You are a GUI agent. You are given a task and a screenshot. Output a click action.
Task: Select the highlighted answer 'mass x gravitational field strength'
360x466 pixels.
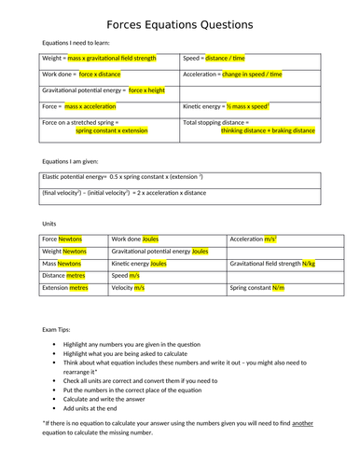click(x=111, y=58)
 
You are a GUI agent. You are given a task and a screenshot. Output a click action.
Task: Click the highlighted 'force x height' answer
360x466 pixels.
click(x=146, y=90)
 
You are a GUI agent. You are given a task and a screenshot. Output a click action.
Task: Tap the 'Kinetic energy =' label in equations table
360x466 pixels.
click(x=208, y=106)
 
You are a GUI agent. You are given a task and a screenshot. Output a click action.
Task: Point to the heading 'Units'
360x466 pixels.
click(x=51, y=224)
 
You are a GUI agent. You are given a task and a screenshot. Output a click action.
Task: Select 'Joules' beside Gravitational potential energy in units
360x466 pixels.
click(x=201, y=252)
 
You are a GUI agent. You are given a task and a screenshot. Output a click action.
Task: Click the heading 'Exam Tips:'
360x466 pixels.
click(x=57, y=329)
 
